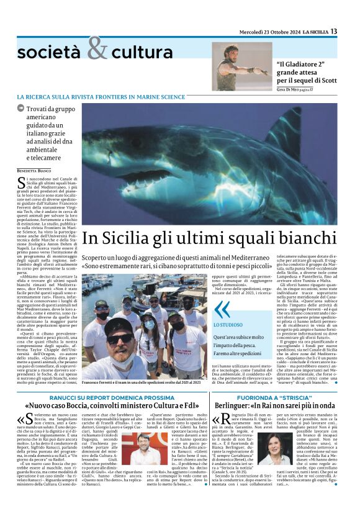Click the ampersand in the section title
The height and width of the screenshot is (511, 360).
coord(97,48)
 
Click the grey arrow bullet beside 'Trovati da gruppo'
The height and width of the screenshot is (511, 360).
coord(20,109)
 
